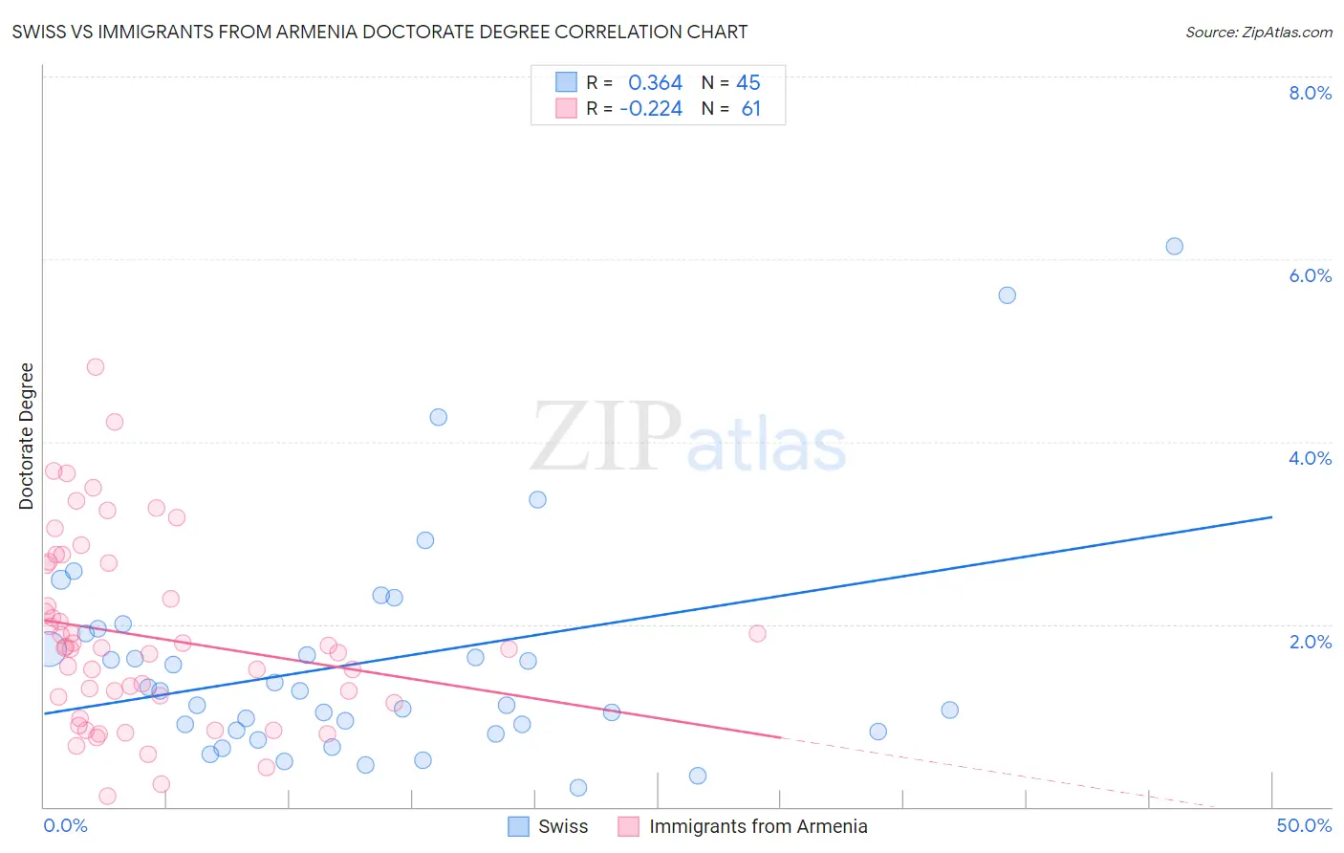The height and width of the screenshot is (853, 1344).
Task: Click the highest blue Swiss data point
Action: click(x=1174, y=247)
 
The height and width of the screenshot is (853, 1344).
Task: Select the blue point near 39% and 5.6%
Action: click(x=1007, y=295)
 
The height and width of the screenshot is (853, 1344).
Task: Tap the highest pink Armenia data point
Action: click(x=96, y=367)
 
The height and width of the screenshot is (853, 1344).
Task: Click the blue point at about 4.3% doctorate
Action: click(x=439, y=417)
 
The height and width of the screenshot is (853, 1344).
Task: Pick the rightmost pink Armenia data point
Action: click(x=757, y=633)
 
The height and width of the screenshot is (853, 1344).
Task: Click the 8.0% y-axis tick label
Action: click(x=1310, y=93)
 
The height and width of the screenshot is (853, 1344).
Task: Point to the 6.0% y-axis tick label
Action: click(x=1310, y=275)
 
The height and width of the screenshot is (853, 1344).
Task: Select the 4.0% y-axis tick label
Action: click(x=1310, y=458)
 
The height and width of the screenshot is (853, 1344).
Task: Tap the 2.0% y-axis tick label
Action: click(x=1310, y=642)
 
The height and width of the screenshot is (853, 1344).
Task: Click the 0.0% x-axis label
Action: click(x=65, y=825)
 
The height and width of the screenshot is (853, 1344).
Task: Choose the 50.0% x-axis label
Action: click(x=1304, y=825)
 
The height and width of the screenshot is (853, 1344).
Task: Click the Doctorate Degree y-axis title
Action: click(x=27, y=436)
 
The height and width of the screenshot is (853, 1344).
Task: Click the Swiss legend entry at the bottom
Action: click(x=562, y=826)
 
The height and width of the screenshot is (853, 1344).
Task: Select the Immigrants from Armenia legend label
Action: click(x=758, y=826)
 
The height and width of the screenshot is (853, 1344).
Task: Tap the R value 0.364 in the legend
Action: click(x=655, y=83)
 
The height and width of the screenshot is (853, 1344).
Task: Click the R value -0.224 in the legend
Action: click(x=651, y=109)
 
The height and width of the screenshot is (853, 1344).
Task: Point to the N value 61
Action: click(x=751, y=109)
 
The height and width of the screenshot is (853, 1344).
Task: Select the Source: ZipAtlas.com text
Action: click(x=1258, y=33)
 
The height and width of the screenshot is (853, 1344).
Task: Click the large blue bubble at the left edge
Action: click(x=50, y=648)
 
